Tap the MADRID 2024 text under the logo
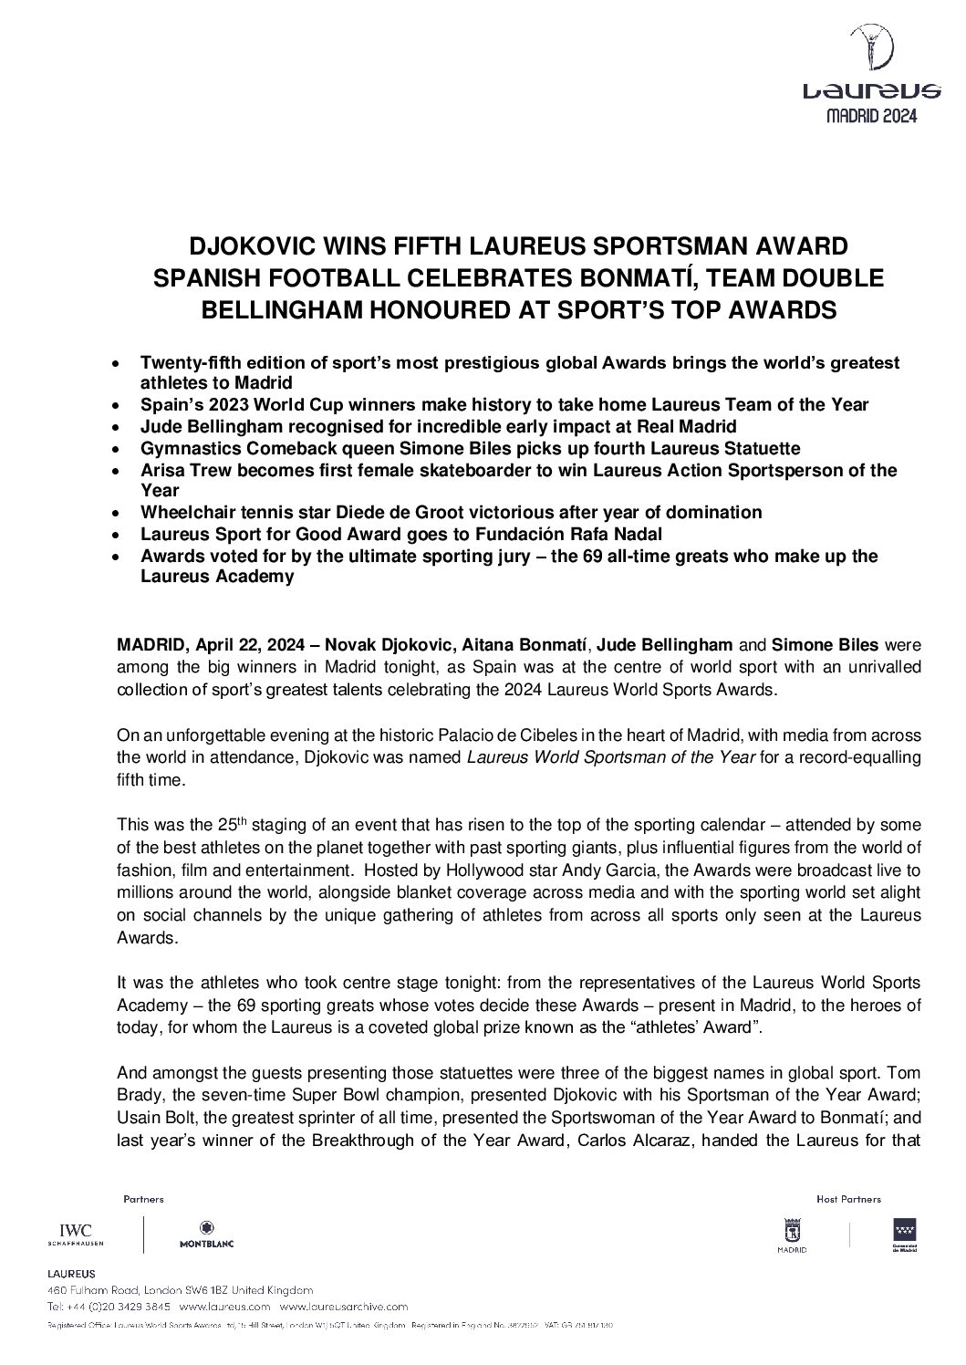pyautogui.click(x=871, y=116)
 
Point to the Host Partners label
pyautogui.click(x=849, y=1199)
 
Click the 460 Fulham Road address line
pyautogui.click(x=180, y=1290)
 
